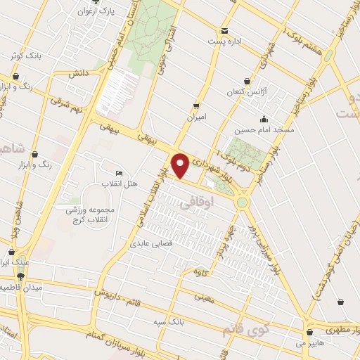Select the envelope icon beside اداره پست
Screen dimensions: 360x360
pos(224,31)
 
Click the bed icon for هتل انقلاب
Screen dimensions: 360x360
pos(118,173)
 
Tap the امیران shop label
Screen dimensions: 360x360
pos(196,117)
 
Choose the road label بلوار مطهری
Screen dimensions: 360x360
pos(337,328)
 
